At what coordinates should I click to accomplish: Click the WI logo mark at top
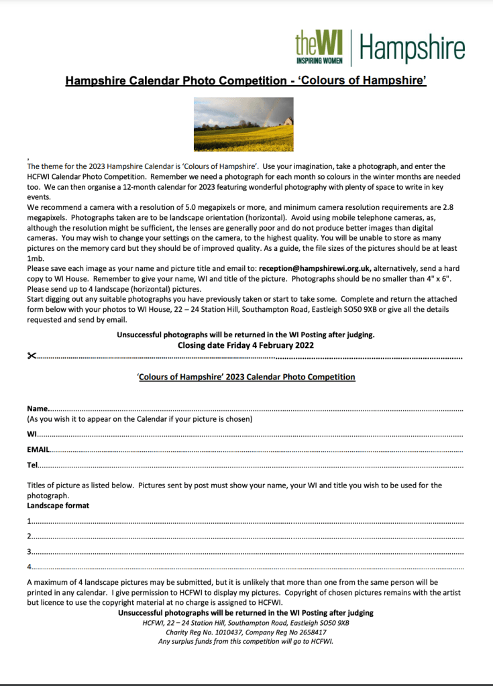pos(319,47)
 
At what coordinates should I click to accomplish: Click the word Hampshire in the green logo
pos(413,48)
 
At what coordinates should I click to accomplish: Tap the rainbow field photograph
pos(243,125)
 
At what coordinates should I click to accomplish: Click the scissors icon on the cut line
pos(31,355)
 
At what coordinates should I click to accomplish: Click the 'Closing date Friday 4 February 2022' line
pos(245,345)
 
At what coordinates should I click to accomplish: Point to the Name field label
pos(38,408)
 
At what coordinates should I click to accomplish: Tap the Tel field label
pos(33,464)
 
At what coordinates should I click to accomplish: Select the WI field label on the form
pos(32,435)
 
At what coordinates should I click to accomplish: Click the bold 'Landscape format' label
pos(58,505)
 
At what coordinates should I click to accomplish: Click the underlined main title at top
pos(246,81)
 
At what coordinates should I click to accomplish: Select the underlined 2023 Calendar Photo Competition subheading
pos(246,377)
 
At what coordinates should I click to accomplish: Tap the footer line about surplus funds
pos(245,641)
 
